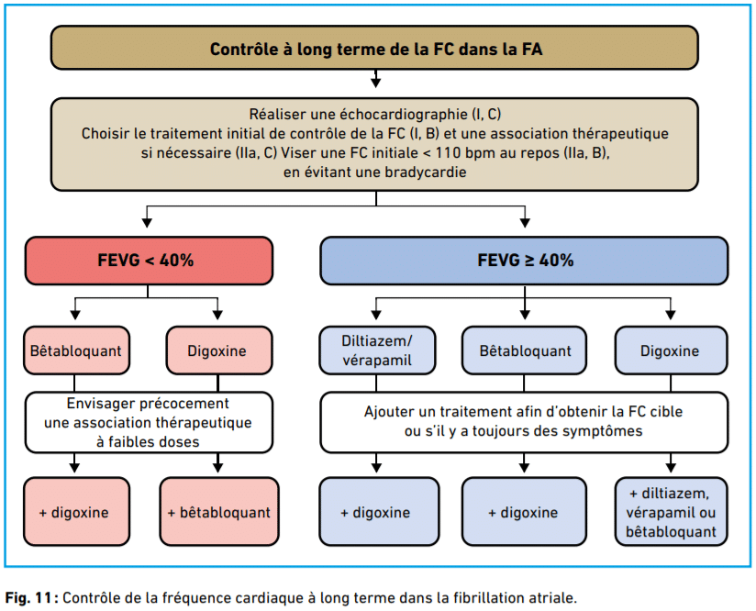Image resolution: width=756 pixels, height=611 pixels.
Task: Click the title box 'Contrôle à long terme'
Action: (x=374, y=48)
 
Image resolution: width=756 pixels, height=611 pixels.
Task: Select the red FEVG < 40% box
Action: (x=149, y=261)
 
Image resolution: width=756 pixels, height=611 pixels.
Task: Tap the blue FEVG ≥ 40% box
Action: (x=524, y=261)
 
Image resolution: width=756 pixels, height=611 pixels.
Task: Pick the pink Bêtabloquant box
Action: (x=76, y=350)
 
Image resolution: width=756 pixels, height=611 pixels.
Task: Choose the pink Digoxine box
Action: (x=219, y=350)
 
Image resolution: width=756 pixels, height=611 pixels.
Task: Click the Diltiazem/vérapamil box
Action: (x=377, y=350)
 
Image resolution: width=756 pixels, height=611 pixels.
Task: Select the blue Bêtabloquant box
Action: (x=524, y=350)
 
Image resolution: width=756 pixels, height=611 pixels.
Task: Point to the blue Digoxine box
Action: (x=671, y=350)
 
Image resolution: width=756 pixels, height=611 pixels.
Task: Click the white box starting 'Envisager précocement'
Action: (x=149, y=422)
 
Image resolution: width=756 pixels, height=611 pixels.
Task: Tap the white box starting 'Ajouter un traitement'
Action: (x=524, y=422)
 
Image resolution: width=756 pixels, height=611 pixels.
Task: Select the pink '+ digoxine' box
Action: (x=76, y=512)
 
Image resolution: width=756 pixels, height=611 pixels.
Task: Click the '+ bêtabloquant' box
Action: (x=219, y=512)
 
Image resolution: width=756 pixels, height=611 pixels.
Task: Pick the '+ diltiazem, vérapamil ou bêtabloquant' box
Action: (x=671, y=512)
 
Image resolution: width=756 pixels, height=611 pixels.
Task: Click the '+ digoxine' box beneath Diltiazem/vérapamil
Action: (x=379, y=512)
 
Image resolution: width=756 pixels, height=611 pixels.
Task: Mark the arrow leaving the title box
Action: (x=375, y=79)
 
